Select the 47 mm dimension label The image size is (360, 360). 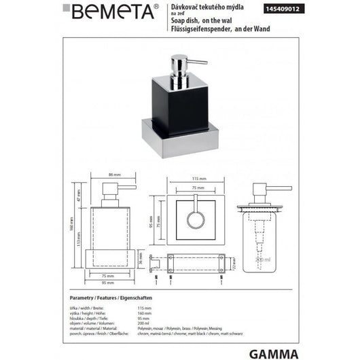[x=79, y=195]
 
